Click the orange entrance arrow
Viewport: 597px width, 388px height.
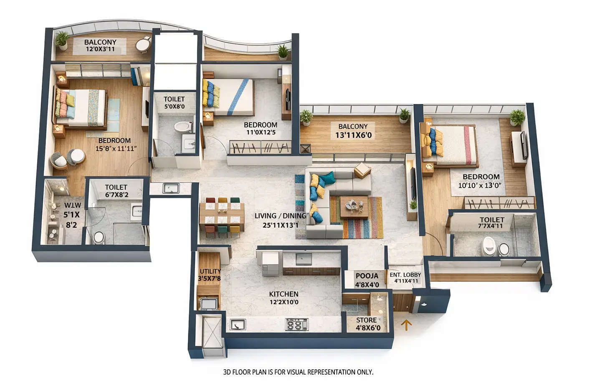406,325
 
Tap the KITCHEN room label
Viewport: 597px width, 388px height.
283,294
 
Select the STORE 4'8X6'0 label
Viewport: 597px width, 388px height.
368,324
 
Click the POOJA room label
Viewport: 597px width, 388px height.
367,276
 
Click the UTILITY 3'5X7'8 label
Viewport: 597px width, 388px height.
210,275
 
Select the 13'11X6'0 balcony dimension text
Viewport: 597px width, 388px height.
353,135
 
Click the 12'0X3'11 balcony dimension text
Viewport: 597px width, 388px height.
100,49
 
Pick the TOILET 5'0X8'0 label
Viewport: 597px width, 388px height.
174,103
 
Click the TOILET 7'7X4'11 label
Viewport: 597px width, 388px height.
491,223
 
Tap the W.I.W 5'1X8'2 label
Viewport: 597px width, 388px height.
71,215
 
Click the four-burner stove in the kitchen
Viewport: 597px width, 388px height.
297,324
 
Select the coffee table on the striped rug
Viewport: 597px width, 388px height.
354,207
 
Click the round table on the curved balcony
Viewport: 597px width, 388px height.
143,44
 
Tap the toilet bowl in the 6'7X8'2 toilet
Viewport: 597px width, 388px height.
99,237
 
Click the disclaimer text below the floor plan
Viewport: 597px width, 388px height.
298,372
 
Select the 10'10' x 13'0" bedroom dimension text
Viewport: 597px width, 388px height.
480,185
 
